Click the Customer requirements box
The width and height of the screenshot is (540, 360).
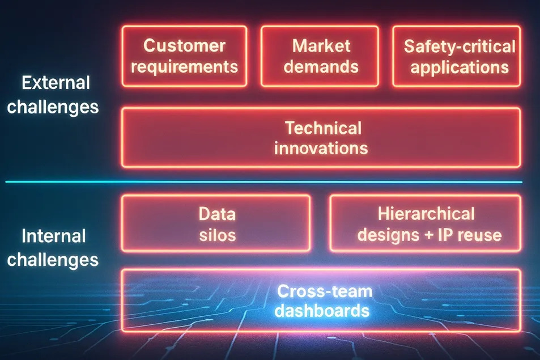click(184, 56)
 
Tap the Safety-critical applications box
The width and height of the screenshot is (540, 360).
click(456, 56)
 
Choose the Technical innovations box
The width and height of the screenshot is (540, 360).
click(321, 138)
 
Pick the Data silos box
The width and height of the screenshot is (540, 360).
click(216, 223)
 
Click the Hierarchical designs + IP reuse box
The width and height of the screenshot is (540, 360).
click(425, 223)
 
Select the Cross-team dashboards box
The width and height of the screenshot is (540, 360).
click(321, 300)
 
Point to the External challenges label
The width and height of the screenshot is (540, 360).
click(54, 95)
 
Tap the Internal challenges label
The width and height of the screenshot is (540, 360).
click(54, 248)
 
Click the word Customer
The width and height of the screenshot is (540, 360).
click(184, 46)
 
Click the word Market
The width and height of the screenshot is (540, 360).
click(321, 46)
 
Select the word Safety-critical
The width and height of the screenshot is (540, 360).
click(460, 46)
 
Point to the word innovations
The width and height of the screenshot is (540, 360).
click(321, 149)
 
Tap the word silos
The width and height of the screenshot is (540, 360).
click(217, 234)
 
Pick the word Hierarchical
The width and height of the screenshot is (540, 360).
click(426, 214)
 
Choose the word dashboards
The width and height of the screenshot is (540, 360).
click(321, 311)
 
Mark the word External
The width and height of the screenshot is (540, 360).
click(56, 83)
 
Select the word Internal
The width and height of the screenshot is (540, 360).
click(54, 236)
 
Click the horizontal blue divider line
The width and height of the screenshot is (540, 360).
click(263, 182)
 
